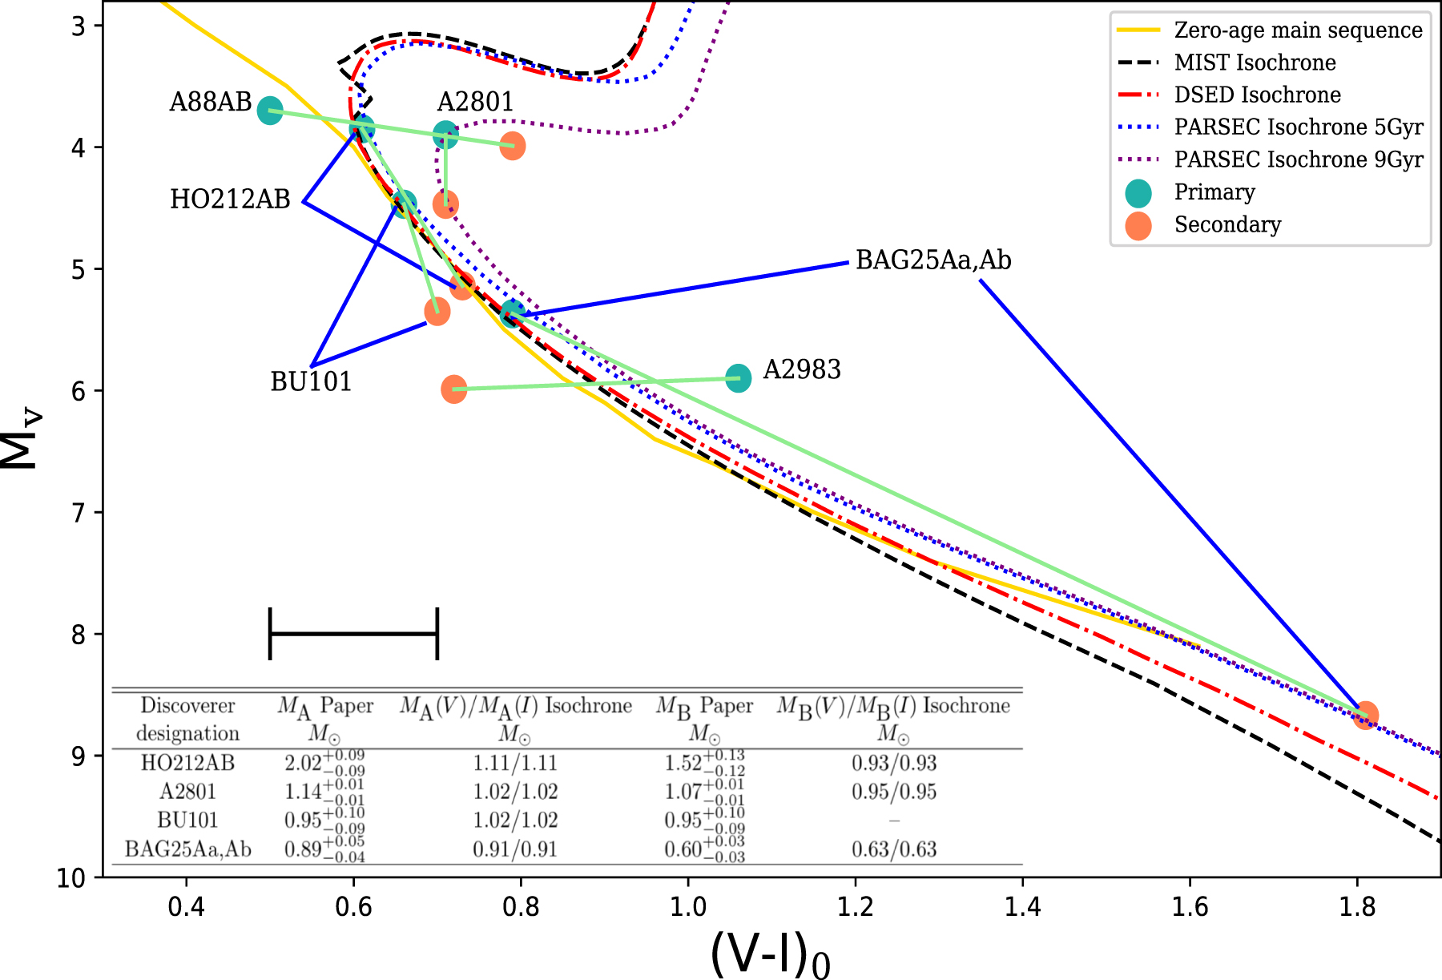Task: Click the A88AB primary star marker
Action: click(270, 111)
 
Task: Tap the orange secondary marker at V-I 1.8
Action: click(1365, 715)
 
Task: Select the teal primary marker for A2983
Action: click(738, 377)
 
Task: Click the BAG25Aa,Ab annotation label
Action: click(933, 260)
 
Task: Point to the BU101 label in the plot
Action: click(311, 381)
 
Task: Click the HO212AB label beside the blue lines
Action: click(230, 200)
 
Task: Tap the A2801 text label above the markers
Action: click(475, 102)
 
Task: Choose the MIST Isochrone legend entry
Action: click(1255, 63)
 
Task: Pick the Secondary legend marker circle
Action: click(1138, 225)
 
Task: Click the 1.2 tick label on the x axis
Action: click(855, 906)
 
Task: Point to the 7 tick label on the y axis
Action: click(79, 513)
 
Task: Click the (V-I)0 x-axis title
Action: click(769, 954)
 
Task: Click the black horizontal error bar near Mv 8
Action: click(353, 633)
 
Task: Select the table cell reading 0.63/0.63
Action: click(893, 849)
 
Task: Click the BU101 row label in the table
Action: click(187, 821)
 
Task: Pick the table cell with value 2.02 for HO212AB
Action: click(324, 762)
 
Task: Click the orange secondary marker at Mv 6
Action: click(453, 389)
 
